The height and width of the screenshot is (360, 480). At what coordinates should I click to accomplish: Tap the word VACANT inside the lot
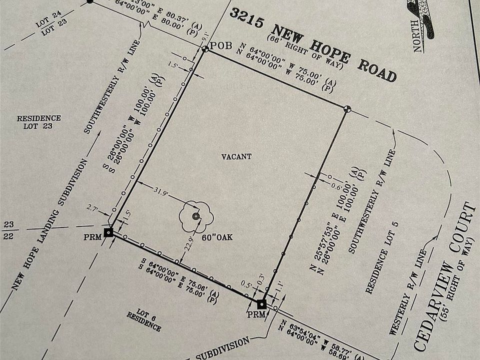click(236, 156)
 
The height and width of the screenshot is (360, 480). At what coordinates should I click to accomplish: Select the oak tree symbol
click(196, 216)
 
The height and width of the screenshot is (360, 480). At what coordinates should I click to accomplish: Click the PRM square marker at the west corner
click(108, 231)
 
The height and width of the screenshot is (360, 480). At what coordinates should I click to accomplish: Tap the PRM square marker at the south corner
click(261, 303)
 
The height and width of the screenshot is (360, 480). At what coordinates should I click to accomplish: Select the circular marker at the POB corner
click(205, 49)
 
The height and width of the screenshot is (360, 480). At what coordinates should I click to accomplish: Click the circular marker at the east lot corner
click(347, 108)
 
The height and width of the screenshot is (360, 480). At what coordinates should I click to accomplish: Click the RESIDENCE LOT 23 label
click(38, 122)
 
